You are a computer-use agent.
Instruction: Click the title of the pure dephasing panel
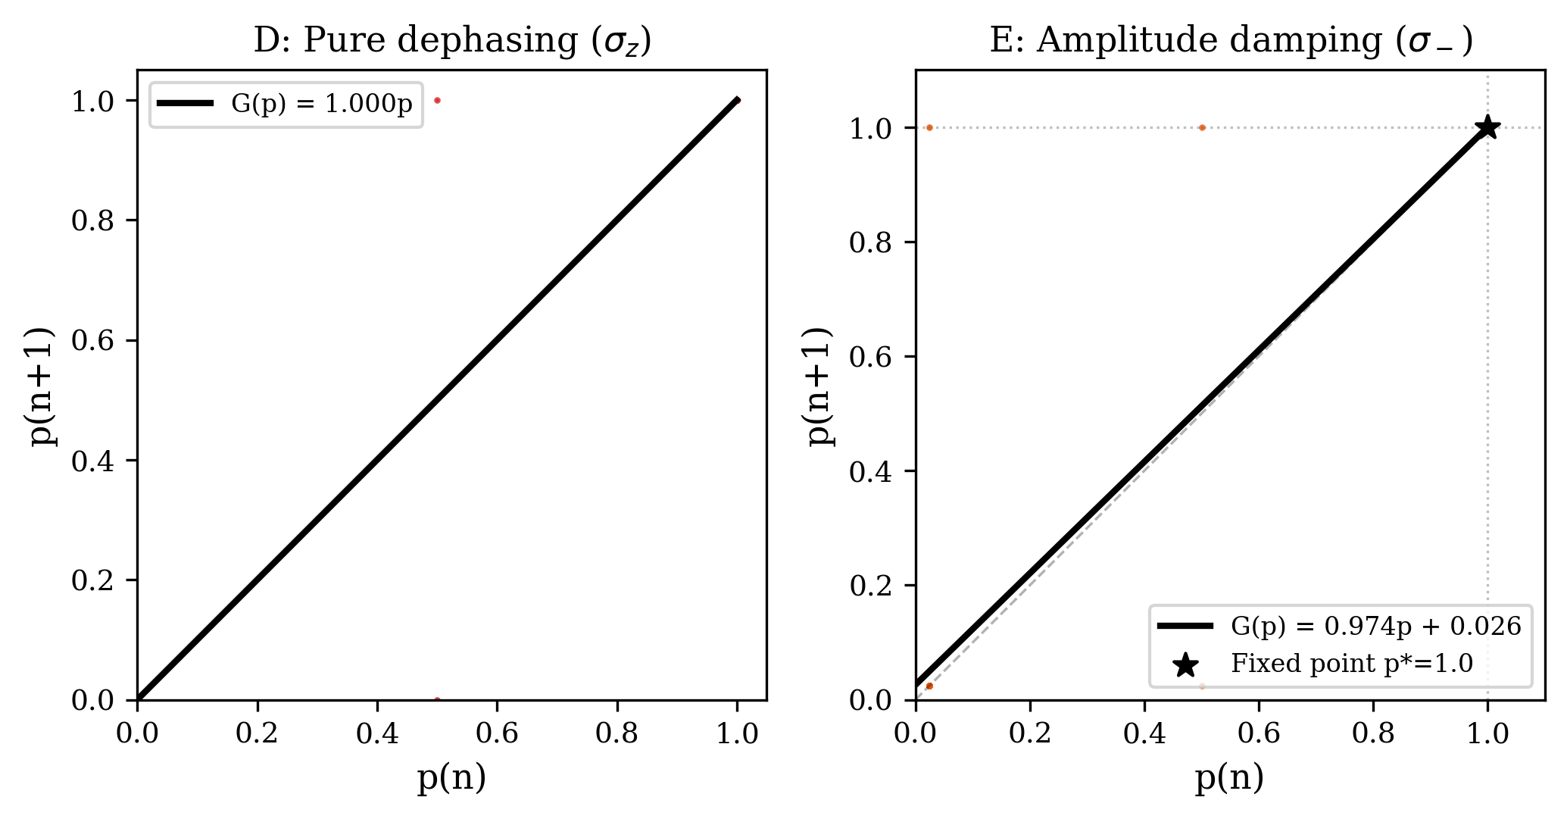coord(452,40)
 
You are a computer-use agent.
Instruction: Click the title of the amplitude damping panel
coord(1231,40)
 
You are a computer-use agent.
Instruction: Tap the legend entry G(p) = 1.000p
coord(321,104)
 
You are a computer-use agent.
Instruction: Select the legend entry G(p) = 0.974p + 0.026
coord(1375,626)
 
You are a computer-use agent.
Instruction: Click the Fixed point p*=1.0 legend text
coord(1351,664)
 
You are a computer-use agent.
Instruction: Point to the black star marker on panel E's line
coord(1487,127)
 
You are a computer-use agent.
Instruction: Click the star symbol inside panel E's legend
coord(1185,665)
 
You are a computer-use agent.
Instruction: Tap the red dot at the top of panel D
coord(437,100)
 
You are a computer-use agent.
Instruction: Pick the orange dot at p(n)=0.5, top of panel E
coord(1202,127)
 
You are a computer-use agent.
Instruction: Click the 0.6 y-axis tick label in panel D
coord(93,341)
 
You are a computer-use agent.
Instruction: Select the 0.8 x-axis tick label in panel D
coord(617,733)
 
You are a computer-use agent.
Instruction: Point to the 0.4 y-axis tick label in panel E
coord(872,471)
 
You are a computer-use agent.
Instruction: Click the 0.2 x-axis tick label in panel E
coord(1030,733)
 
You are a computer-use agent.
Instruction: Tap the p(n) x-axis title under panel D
coord(452,779)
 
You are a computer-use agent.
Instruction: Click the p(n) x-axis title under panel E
coord(1230,779)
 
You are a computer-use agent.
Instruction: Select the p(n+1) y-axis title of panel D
coord(44,386)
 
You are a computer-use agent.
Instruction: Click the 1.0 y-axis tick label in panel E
coord(872,129)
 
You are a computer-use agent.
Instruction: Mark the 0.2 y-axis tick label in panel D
coord(93,580)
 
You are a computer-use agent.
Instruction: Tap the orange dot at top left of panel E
coord(929,127)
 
